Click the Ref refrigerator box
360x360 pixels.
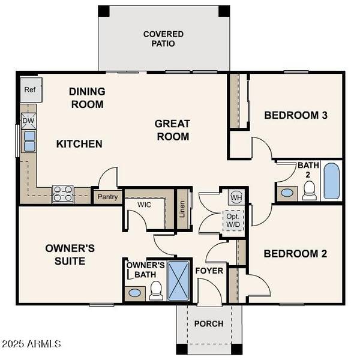29,89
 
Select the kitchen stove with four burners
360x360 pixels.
63,193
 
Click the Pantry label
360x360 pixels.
107,197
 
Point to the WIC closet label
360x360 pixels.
144,205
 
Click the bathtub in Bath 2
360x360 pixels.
332,181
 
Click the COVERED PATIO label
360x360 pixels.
163,39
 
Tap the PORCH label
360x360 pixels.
208,323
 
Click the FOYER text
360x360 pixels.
209,271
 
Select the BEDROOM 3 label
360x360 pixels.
295,115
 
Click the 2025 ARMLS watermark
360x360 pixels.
31,344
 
